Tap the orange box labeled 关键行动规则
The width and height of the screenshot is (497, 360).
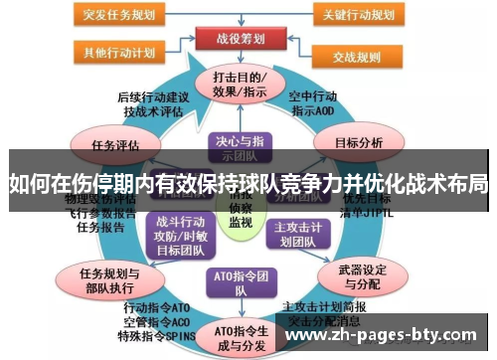[x=361, y=14]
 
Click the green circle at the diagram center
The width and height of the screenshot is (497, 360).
[x=240, y=211]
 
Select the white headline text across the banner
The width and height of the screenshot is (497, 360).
[x=248, y=183]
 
